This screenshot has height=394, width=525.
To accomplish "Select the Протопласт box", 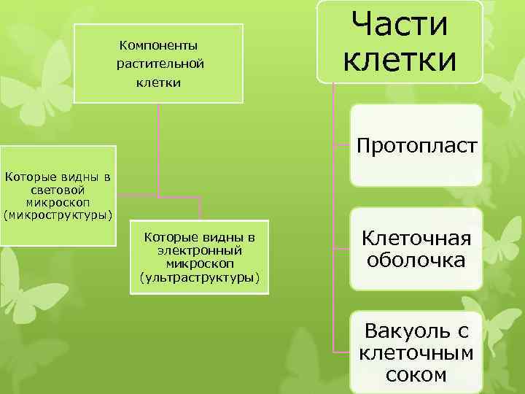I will (416, 147).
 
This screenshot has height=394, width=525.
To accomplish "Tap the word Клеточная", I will (416, 239).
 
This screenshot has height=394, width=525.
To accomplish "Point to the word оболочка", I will (416, 260).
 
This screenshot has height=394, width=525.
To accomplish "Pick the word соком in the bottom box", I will (416, 375).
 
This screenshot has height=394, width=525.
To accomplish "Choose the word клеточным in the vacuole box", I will (416, 354).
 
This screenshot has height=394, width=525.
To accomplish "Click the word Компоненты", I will (158, 45).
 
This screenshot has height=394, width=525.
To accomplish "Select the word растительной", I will (160, 63).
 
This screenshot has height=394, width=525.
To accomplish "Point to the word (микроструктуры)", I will (58, 215).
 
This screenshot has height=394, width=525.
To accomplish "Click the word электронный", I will (199, 250).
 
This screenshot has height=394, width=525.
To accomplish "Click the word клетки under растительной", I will (159, 82).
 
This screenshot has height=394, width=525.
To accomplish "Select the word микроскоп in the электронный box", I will (199, 263).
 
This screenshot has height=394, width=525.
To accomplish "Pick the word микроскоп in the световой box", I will (58, 201).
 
